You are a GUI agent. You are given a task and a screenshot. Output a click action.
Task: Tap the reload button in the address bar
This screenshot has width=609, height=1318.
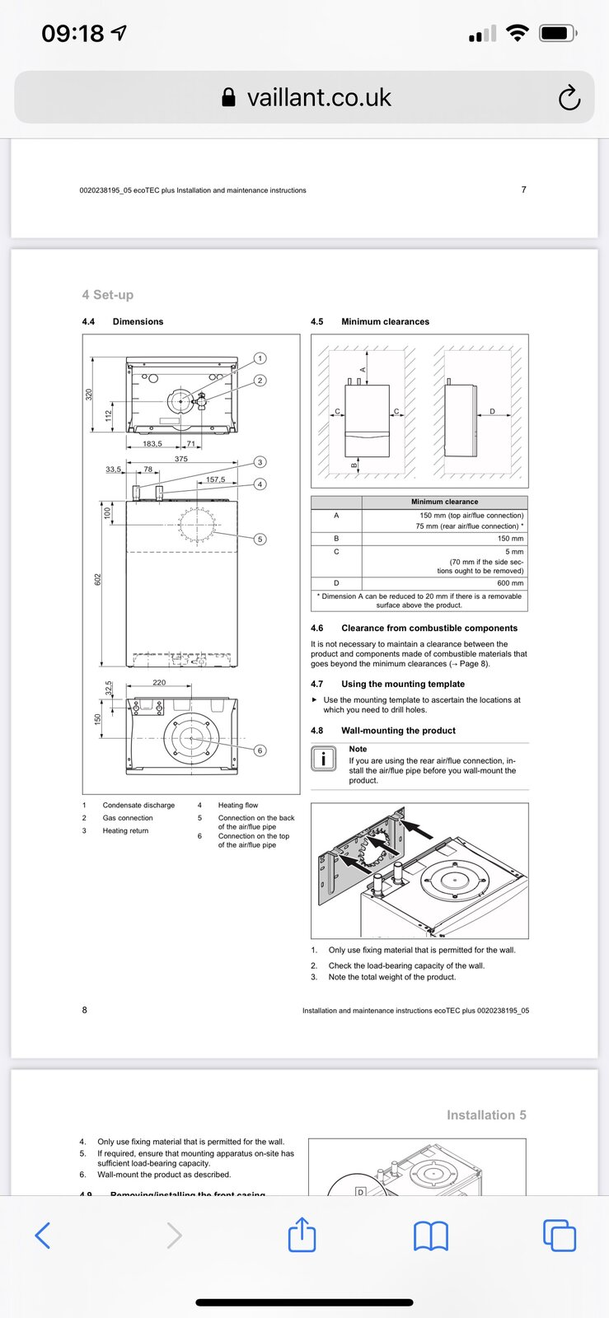tap(569, 98)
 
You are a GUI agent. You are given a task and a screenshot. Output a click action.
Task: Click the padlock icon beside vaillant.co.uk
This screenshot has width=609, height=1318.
tap(229, 98)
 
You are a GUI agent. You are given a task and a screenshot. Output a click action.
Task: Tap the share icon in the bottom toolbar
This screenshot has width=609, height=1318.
tap(302, 1235)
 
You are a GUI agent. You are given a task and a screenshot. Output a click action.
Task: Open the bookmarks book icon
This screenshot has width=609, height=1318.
tap(430, 1236)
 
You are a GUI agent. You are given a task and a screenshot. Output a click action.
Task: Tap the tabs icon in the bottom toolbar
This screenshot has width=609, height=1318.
tap(560, 1236)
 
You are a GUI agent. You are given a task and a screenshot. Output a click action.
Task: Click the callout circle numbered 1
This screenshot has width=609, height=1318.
tap(260, 358)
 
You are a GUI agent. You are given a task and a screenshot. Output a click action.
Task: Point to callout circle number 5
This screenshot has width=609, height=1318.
tap(260, 540)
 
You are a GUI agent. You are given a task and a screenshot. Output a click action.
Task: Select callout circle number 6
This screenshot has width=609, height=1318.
tap(260, 750)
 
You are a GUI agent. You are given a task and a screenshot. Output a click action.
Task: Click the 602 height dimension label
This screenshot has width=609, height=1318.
tap(97, 580)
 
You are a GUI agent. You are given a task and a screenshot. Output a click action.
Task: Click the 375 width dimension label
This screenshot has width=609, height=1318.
tap(181, 459)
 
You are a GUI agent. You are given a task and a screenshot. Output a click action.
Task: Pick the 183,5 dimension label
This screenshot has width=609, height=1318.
tap(152, 444)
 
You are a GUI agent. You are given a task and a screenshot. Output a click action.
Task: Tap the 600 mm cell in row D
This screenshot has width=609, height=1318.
tap(510, 583)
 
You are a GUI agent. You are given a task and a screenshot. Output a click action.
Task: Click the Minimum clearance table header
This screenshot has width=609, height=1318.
tap(444, 502)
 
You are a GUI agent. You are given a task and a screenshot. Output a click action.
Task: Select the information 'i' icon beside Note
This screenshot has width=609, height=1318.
tap(324, 759)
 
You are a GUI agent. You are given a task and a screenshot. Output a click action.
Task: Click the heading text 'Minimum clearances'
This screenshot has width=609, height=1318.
tap(385, 322)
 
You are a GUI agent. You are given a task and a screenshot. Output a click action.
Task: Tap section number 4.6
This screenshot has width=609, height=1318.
tap(317, 629)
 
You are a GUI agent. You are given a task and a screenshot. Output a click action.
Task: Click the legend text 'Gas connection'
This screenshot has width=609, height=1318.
tap(128, 818)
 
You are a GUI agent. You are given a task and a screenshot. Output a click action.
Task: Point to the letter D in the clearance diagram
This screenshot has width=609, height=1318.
tap(493, 411)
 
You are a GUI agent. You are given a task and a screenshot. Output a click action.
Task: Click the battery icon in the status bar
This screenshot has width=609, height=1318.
tap(558, 34)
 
